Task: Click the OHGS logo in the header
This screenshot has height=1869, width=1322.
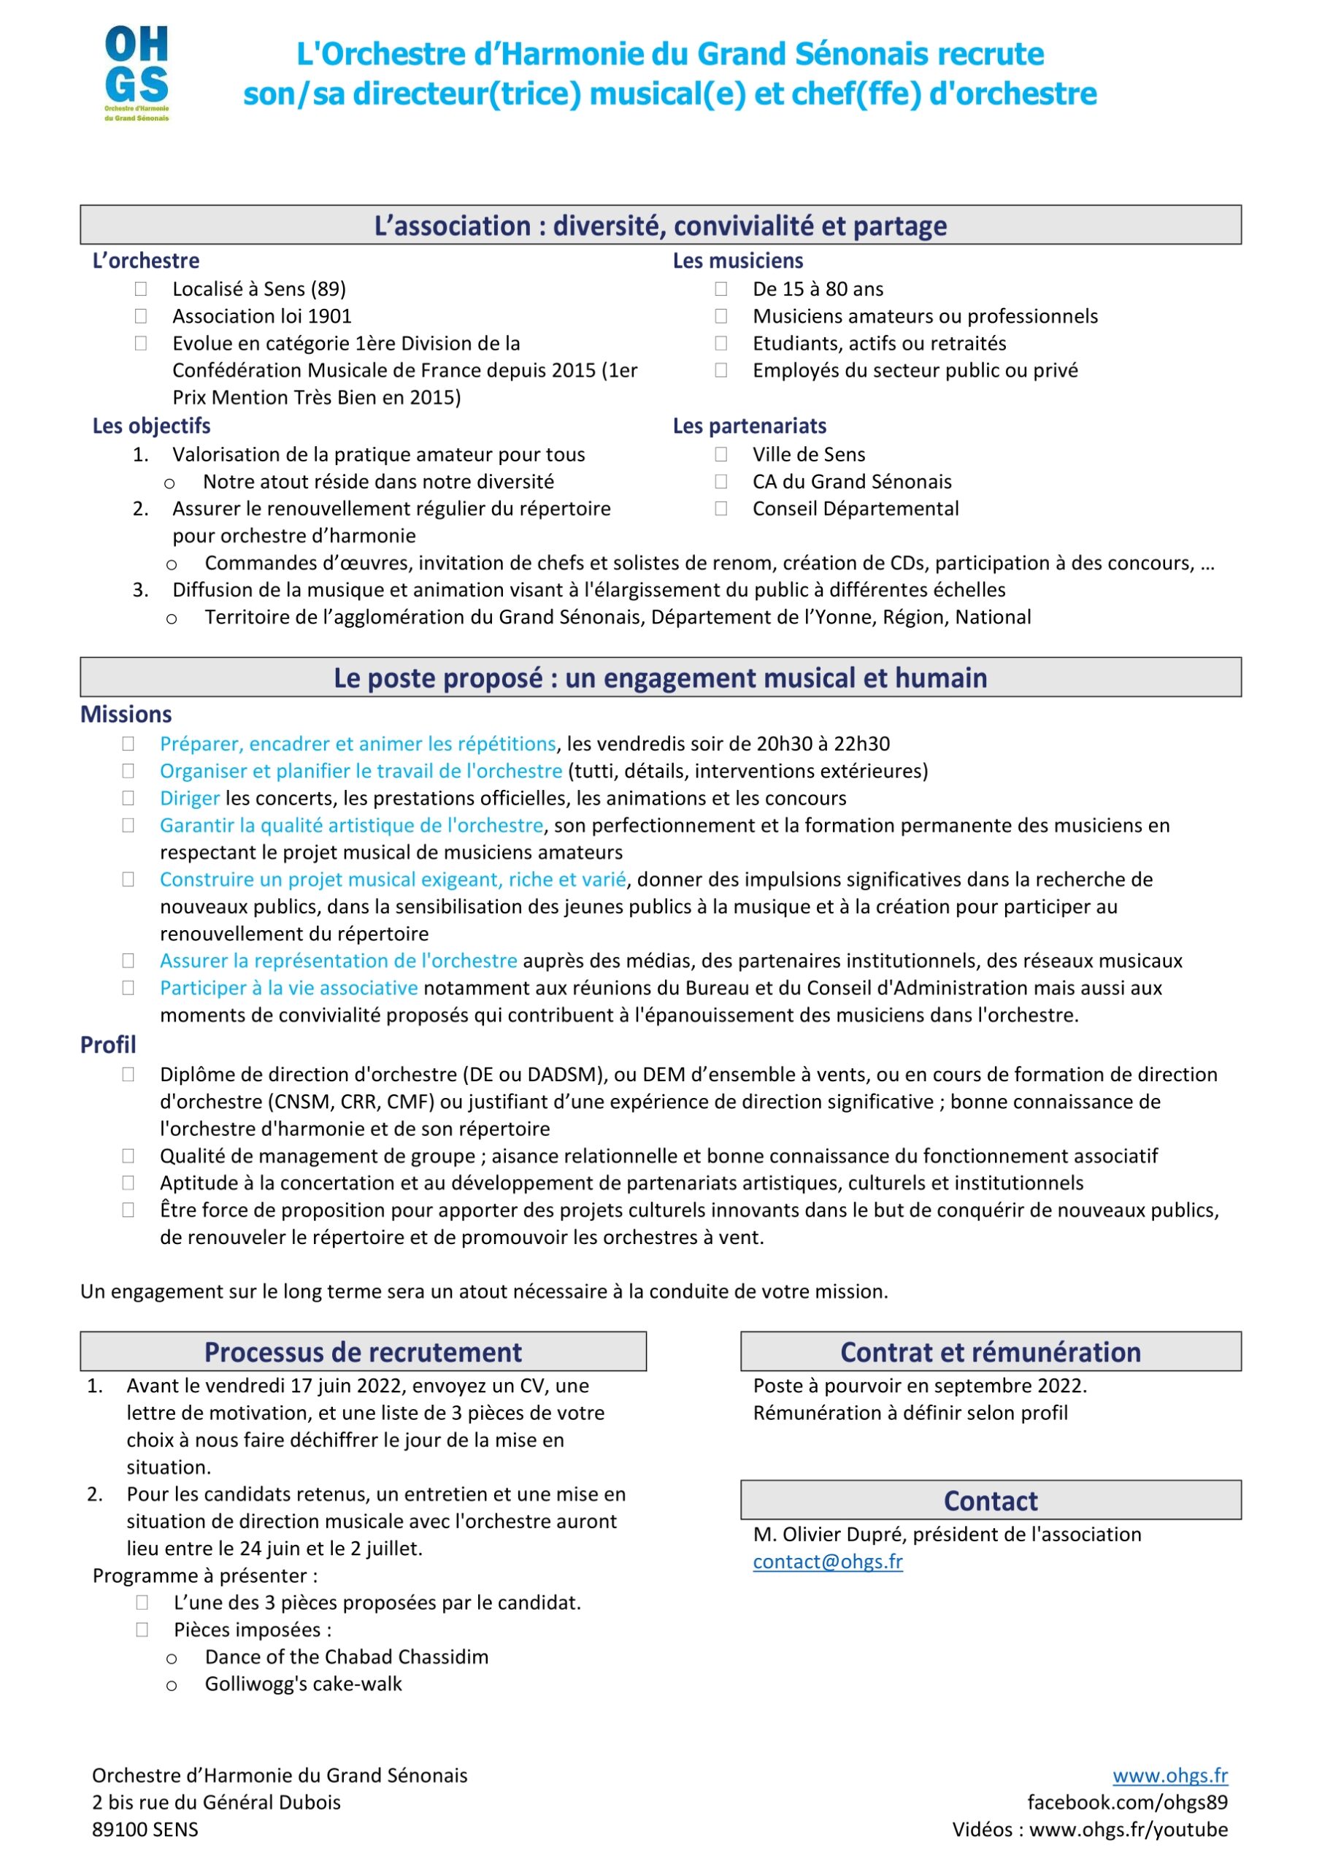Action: [136, 73]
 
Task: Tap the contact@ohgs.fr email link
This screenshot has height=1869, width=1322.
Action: [827, 1562]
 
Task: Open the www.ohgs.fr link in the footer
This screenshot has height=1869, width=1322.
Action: [1169, 1776]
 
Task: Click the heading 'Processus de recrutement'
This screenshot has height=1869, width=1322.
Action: [363, 1352]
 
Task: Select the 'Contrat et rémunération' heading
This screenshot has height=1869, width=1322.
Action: [990, 1352]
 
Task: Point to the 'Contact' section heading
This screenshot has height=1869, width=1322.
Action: [990, 1500]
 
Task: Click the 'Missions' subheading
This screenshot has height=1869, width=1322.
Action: [126, 715]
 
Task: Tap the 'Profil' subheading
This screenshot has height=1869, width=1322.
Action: [108, 1045]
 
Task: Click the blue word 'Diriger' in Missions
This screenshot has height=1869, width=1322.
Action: [190, 799]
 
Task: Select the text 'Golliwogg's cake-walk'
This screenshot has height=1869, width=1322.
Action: [303, 1684]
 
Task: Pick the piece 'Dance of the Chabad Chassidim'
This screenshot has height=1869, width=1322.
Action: [346, 1657]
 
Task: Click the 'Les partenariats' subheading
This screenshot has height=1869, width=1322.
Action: [749, 426]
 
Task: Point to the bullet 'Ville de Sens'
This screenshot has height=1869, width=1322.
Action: [808, 455]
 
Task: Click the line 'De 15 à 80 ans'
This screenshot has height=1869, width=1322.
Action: [818, 290]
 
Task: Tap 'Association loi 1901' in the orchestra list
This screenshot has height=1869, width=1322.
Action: [261, 317]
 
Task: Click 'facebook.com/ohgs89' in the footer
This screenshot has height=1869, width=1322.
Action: [1126, 1803]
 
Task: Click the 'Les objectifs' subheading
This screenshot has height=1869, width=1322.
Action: [151, 426]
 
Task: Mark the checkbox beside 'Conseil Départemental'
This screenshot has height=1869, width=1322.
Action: [721, 509]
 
